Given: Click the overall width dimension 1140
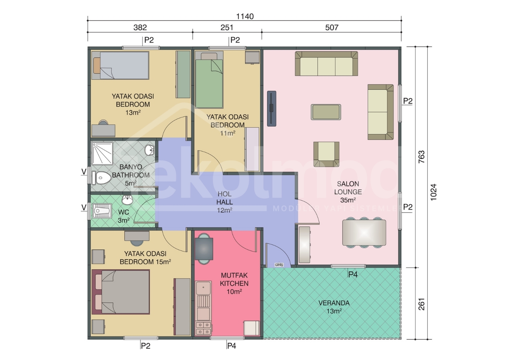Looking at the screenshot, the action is coord(245,17).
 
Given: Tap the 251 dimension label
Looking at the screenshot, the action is coord(227,28).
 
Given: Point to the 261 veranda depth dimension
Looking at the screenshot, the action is coord(422,304).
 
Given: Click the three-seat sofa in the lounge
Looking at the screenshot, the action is coord(326,64).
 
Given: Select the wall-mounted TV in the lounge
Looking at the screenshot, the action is coord(272,108).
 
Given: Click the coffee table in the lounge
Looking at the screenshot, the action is coord(326,112).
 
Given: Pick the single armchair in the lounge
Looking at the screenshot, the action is coord(326,154).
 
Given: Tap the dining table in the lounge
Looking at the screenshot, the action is coord(364,233).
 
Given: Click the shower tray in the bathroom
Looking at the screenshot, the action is coord(102,153).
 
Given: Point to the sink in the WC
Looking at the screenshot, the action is coord(127,200).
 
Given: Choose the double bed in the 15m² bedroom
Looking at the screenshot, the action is coord(121,292).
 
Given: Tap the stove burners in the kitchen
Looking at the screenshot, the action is coord(203,328).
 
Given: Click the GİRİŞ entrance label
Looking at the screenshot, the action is coord(279,265).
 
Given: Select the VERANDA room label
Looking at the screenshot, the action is coord(334,303).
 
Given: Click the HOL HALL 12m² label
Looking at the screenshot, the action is coord(225,202).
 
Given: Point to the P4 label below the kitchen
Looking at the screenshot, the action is coord(231,346).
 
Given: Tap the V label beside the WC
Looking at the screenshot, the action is coord(84,207).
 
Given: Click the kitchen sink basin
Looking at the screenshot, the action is coord(203,288).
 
